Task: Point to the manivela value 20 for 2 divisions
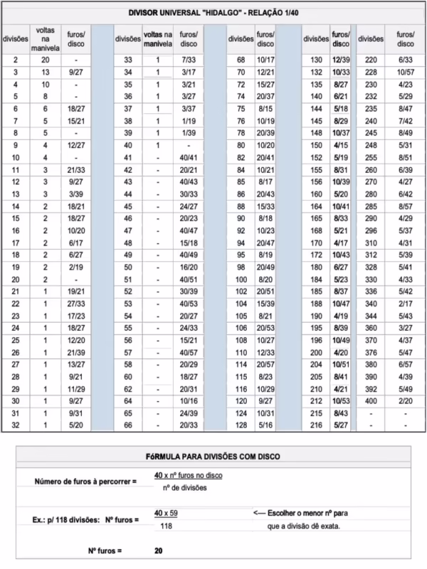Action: coord(45,60)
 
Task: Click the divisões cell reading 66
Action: coord(128,426)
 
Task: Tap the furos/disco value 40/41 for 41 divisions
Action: coord(189,157)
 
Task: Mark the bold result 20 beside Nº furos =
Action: coord(159,551)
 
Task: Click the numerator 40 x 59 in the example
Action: coord(166,513)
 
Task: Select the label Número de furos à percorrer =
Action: coord(85,482)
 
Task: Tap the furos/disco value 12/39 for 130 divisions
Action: coord(341,60)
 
